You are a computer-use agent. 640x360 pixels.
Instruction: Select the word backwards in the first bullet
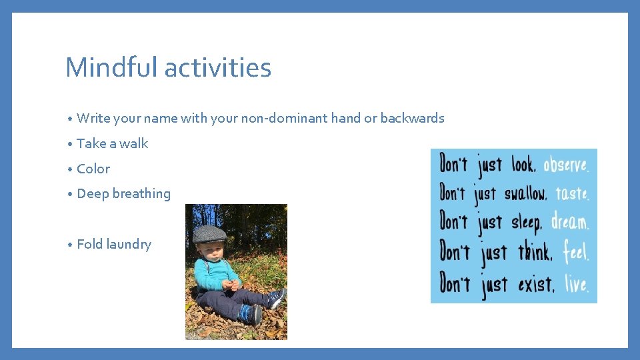413,118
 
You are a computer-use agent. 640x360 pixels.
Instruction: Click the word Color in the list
93,169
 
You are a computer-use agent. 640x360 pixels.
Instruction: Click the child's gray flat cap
209,233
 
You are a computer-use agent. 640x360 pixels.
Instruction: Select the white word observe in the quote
566,165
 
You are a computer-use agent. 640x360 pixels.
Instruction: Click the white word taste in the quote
572,193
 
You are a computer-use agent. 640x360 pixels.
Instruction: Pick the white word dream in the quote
570,221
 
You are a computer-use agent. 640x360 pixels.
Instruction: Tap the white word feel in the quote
575,253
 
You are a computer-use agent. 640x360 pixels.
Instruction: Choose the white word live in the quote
576,284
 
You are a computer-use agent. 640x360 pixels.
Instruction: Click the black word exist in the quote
535,285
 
